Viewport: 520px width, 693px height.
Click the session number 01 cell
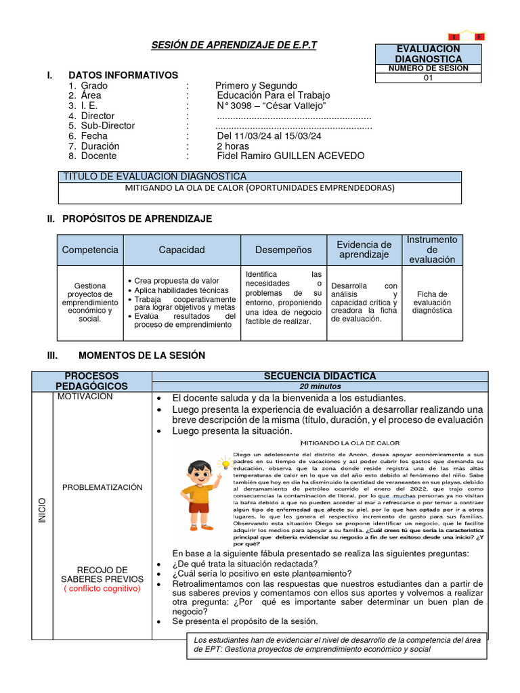pos(428,78)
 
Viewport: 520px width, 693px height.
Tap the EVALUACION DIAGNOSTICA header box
pos(428,54)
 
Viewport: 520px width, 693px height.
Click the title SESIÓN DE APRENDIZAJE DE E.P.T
pos(233,45)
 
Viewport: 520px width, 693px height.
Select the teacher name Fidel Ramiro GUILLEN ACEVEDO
pos(290,156)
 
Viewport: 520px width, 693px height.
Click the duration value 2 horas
pos(232,146)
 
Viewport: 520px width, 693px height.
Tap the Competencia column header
pos(90,250)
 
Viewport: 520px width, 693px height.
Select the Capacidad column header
pos(181,250)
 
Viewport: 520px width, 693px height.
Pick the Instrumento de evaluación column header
pos(432,250)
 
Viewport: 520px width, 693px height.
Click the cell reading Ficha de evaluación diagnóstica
pos(432,303)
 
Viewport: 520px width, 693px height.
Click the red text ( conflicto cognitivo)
pos(102,589)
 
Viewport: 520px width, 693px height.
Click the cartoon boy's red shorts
pos(199,507)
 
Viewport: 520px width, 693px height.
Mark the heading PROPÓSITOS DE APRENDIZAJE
pos(137,219)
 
